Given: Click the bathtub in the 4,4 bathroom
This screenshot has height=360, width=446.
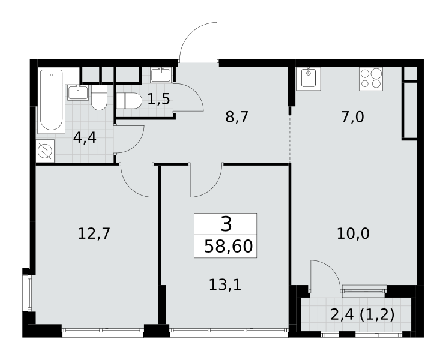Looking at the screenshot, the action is click(x=51, y=100).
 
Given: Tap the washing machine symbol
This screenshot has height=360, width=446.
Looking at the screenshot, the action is click(x=45, y=151).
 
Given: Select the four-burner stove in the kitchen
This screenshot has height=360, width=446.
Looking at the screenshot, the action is click(x=370, y=79).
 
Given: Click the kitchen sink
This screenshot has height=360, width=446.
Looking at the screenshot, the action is click(x=309, y=79).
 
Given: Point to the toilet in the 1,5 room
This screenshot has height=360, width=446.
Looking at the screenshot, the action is click(x=129, y=101).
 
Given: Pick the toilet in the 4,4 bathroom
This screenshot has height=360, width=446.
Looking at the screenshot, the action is click(x=99, y=98).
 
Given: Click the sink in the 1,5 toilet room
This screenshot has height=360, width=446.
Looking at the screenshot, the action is click(x=161, y=75).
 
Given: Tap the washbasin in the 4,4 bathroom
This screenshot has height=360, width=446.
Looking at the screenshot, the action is click(x=77, y=92).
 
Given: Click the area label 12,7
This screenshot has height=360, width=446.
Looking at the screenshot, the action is click(x=94, y=234).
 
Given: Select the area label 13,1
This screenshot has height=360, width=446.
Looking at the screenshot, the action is click(x=225, y=284).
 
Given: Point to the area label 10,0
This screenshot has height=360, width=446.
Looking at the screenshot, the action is click(x=353, y=234).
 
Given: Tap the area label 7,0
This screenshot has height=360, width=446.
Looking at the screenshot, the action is click(x=352, y=117).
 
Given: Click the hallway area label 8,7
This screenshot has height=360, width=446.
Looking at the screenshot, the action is click(x=237, y=117).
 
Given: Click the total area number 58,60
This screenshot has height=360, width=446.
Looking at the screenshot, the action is click(x=229, y=246).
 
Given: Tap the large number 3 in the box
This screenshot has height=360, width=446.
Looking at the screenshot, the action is click(x=226, y=224).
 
